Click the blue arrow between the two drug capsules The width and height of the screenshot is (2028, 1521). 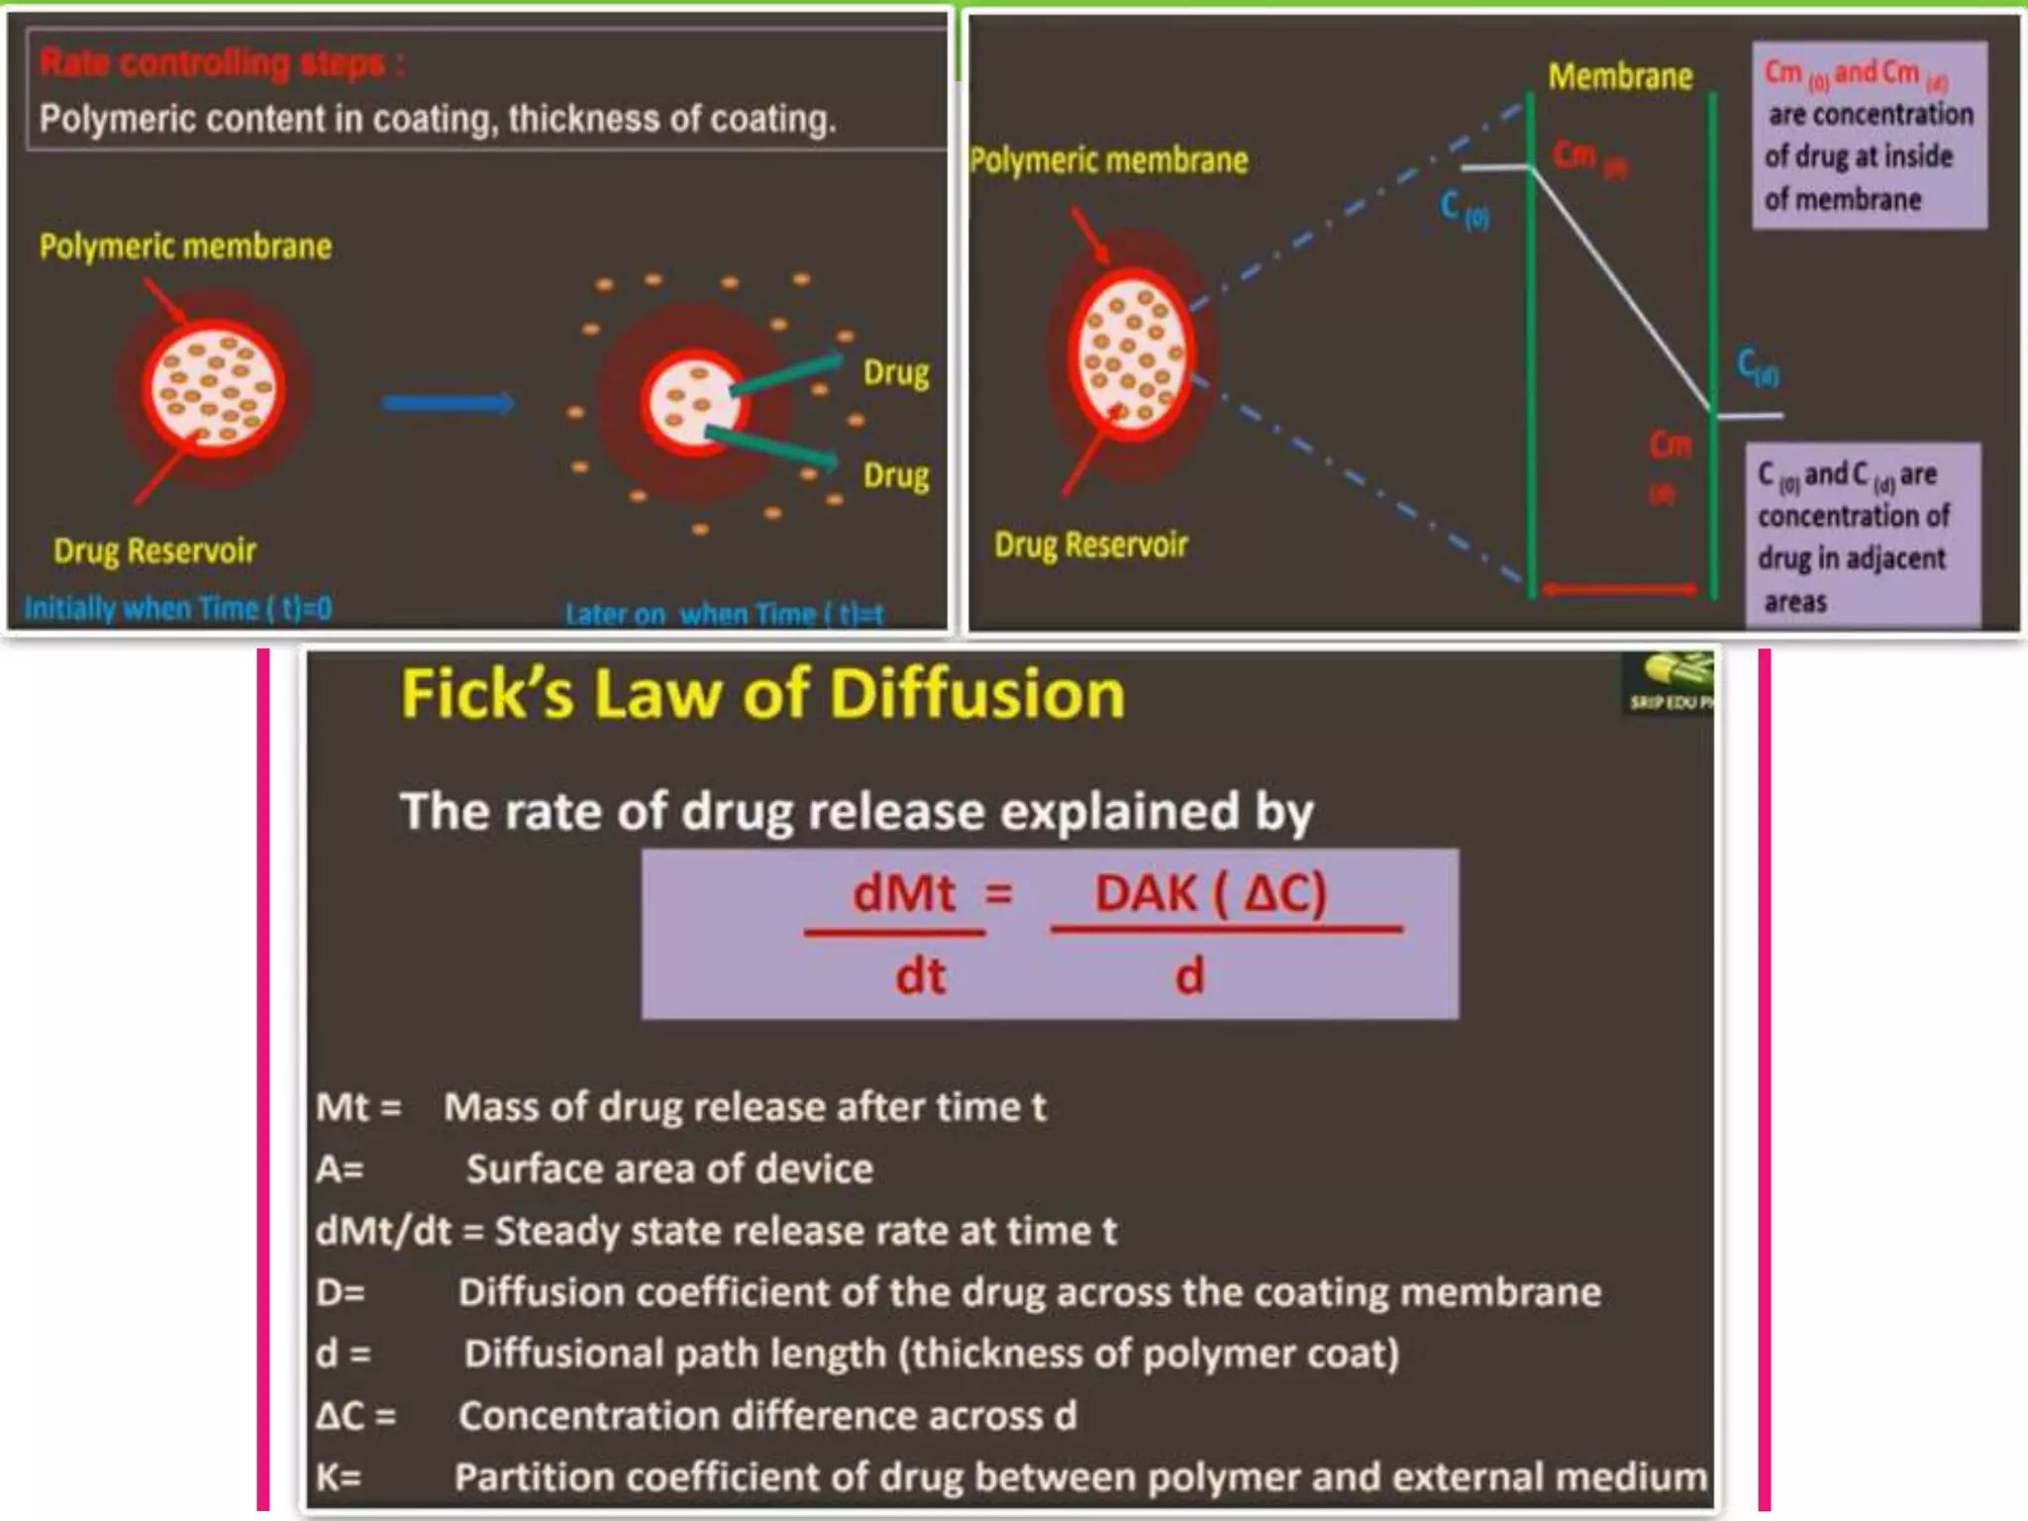pyautogui.click(x=448, y=403)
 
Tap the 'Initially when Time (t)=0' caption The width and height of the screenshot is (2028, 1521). pyautogui.click(x=178, y=607)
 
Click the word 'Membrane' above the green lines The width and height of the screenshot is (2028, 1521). pyautogui.click(x=1620, y=76)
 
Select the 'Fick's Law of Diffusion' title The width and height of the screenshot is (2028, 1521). pyautogui.click(x=762, y=694)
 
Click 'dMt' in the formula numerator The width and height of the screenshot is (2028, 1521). pyautogui.click(x=903, y=894)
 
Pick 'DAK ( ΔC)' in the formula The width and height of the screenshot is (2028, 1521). pyautogui.click(x=1210, y=894)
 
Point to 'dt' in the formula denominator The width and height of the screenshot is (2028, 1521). pyautogui.click(x=920, y=976)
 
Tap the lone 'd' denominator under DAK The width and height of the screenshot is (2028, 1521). pyautogui.click(x=1189, y=976)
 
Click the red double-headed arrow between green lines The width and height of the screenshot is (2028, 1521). pyautogui.click(x=1620, y=590)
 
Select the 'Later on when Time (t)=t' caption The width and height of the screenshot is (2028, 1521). pyautogui.click(x=724, y=614)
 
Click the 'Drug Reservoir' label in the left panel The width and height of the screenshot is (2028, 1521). pyautogui.click(x=154, y=551)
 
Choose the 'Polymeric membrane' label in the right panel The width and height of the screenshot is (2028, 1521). pyautogui.click(x=1108, y=160)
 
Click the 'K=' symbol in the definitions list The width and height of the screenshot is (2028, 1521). pyautogui.click(x=339, y=1476)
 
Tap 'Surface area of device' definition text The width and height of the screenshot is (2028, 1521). pyautogui.click(x=669, y=1169)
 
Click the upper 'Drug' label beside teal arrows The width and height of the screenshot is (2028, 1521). pyautogui.click(x=895, y=373)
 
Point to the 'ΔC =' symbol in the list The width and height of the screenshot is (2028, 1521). pyautogui.click(x=355, y=1415)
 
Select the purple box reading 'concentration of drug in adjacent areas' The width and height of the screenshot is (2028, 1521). pyautogui.click(x=1862, y=535)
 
